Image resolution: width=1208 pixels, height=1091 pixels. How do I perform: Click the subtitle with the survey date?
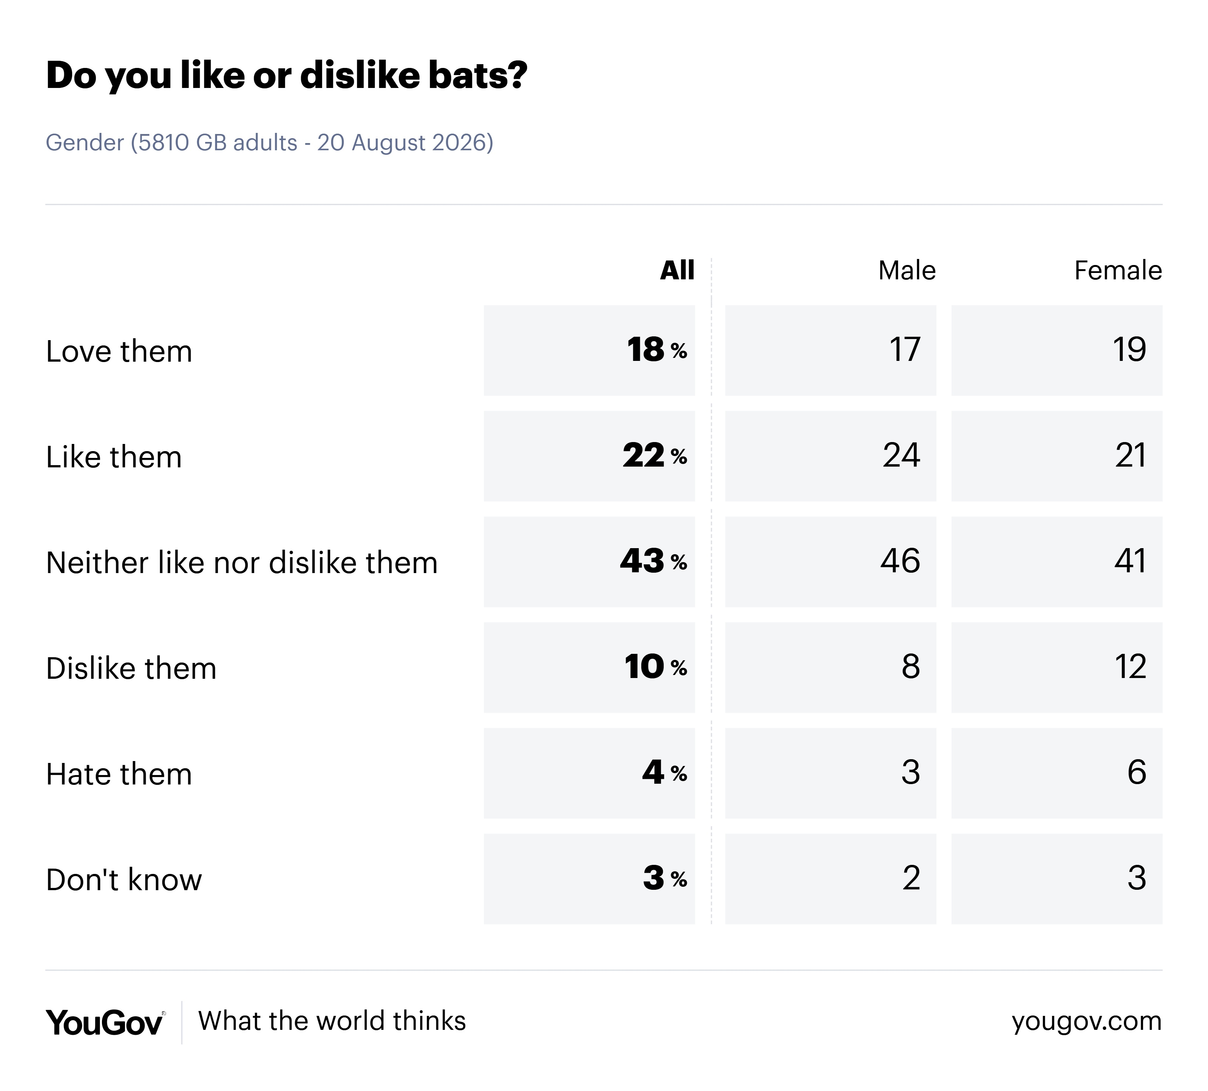270,143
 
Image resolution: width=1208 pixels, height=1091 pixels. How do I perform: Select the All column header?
677,270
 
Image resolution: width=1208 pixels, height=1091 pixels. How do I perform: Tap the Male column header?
907,270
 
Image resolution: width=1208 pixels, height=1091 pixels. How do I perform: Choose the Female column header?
1118,270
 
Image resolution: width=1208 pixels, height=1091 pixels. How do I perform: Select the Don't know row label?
124,880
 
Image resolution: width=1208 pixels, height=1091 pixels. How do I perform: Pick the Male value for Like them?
830,456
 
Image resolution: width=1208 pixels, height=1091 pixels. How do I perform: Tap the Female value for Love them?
1057,350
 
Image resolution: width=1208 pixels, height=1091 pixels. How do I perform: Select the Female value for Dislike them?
1057,667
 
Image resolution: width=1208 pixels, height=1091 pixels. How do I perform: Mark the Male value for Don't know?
830,879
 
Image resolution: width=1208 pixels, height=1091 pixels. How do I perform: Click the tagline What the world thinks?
332,1021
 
